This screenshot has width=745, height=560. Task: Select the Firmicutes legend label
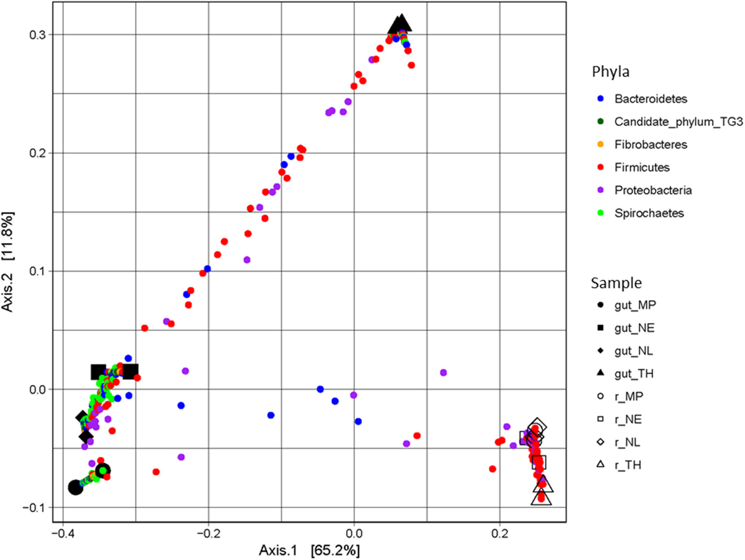click(642, 167)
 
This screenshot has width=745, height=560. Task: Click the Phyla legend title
click(610, 72)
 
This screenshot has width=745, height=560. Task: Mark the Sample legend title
click(616, 283)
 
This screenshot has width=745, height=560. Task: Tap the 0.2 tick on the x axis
click(499, 533)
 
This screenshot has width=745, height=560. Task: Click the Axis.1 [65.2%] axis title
click(309, 550)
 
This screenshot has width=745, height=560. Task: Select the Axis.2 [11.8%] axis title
click(8, 261)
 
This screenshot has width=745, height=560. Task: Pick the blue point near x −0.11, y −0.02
click(271, 415)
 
